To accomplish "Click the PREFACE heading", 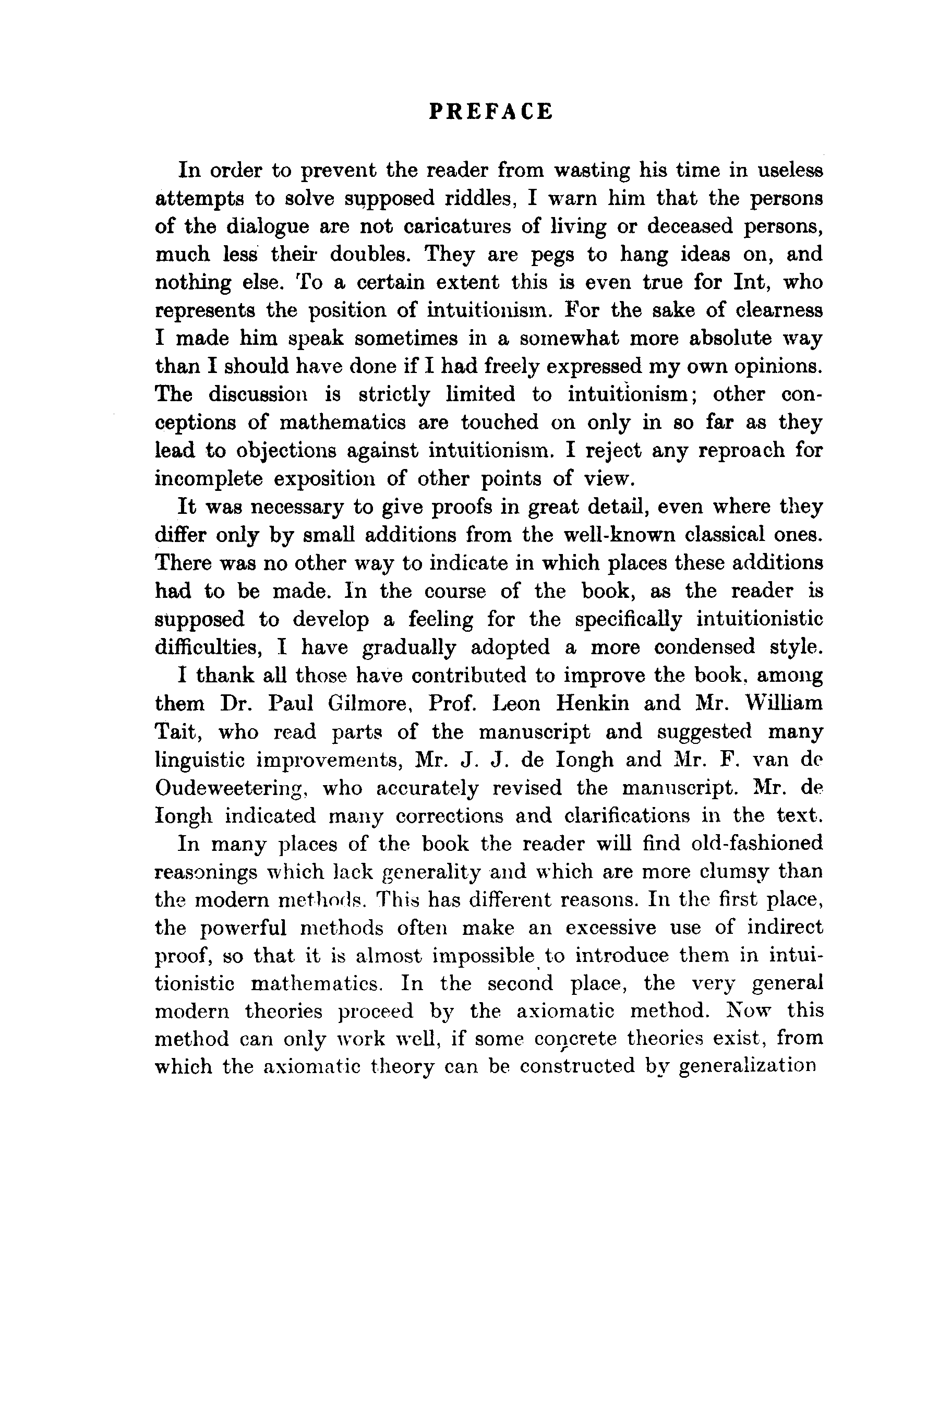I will point(491,112).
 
